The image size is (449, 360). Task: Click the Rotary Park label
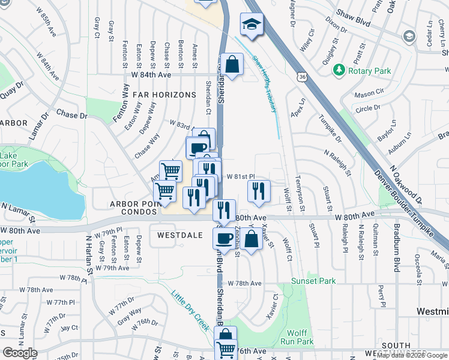point(370,71)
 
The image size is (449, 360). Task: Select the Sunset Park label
point(313,281)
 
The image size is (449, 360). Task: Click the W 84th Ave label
point(151,74)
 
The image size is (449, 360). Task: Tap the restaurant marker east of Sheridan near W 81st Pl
point(258,191)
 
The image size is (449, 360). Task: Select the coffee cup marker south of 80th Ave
point(224,238)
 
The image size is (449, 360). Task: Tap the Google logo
point(19,353)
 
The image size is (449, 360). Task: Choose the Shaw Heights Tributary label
point(265,84)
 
